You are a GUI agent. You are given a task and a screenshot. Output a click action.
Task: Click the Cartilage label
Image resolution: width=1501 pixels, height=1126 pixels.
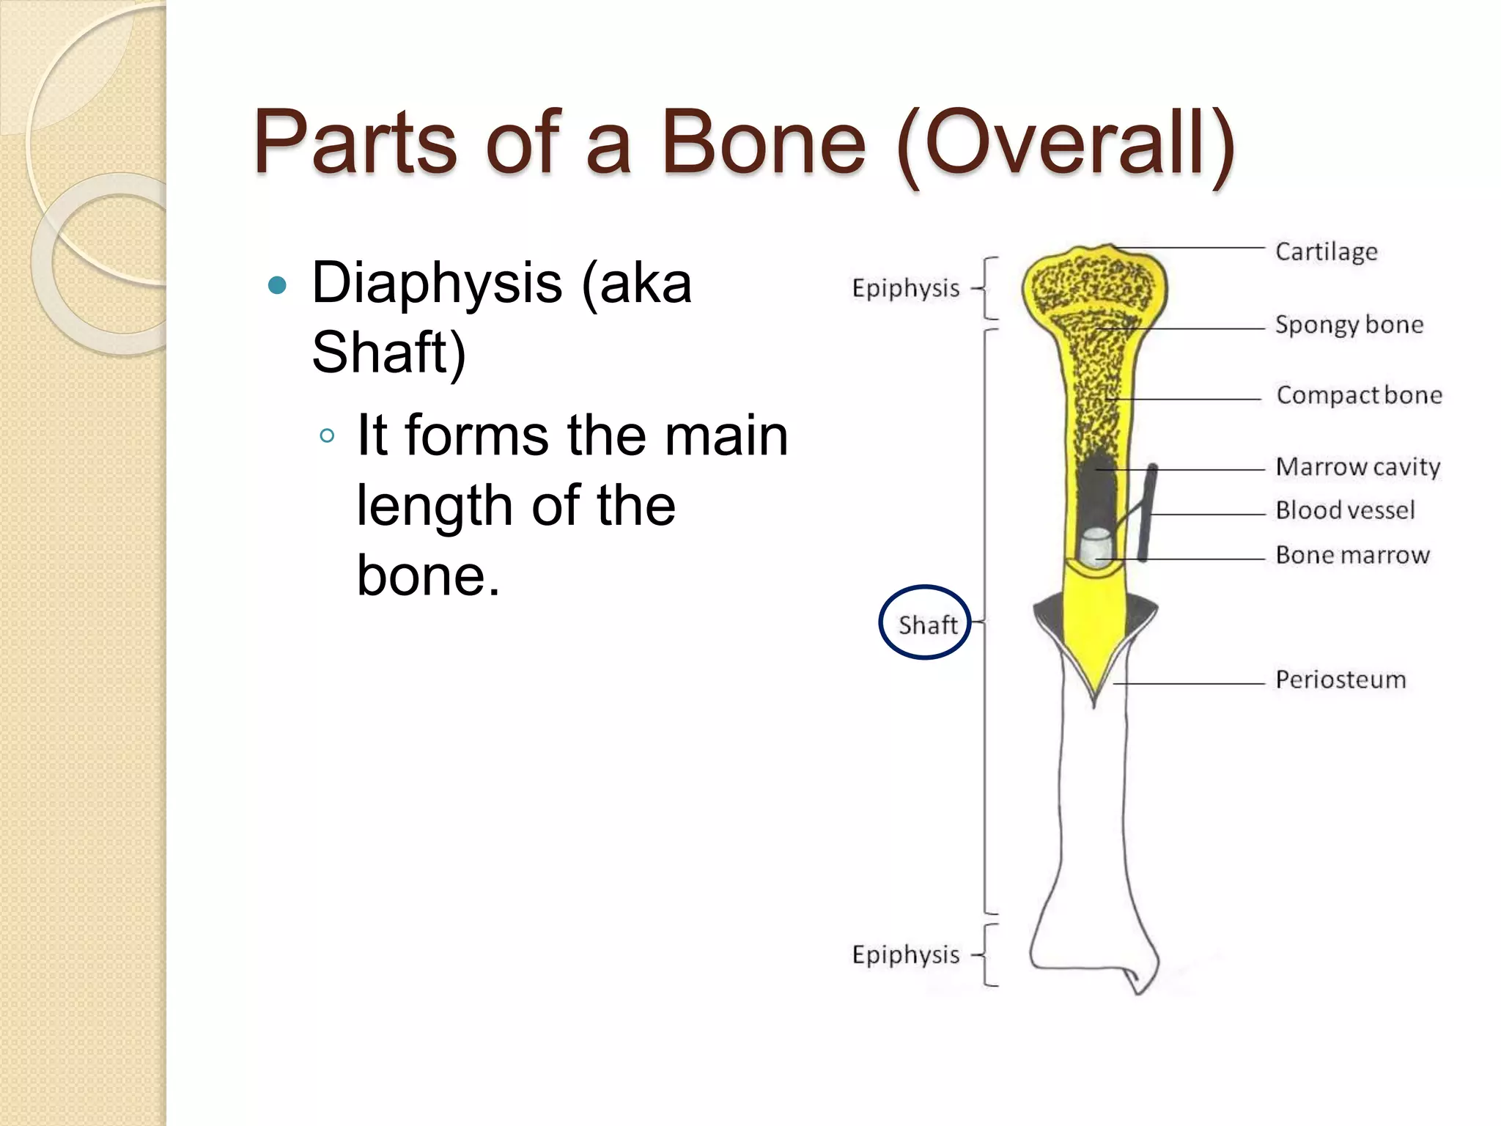(x=1326, y=251)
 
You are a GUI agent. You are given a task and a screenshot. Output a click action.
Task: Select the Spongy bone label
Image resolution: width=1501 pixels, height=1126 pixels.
(x=1349, y=324)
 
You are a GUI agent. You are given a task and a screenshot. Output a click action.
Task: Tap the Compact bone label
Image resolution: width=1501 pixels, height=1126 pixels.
(x=1359, y=395)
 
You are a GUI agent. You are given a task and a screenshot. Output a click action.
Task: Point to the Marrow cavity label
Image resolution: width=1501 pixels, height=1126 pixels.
(x=1357, y=467)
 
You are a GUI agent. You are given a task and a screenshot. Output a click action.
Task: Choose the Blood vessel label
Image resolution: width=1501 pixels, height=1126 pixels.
(x=1345, y=510)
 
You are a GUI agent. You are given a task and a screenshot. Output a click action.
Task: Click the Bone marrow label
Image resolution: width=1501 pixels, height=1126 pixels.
(x=1352, y=555)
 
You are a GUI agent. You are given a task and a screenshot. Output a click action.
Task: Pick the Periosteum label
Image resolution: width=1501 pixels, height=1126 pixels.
(x=1340, y=680)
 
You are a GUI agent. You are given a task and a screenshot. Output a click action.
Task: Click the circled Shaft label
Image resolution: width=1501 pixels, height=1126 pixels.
(x=927, y=625)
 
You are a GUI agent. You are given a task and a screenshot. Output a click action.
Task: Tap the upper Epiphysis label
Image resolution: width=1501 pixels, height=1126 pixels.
(x=905, y=288)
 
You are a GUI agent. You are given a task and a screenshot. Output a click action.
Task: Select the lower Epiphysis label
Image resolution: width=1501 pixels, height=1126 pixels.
(x=905, y=954)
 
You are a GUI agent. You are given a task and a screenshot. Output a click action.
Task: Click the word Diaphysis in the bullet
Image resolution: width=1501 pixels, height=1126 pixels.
(x=437, y=284)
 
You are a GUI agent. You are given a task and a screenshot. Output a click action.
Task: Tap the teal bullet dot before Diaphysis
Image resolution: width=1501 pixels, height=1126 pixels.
(x=277, y=284)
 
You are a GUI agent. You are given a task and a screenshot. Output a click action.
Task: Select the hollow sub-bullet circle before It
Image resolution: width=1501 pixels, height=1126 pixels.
(x=327, y=436)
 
